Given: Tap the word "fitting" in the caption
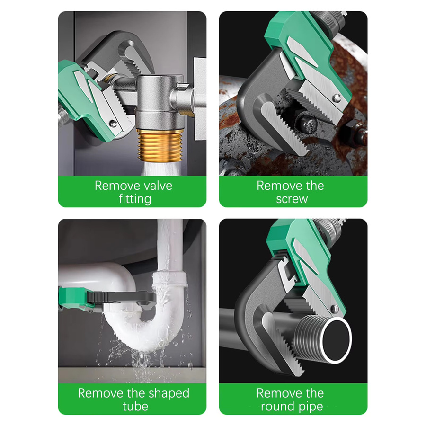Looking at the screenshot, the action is coord(135,199).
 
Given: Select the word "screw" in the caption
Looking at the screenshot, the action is coord(292,199).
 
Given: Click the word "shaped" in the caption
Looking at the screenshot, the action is coord(169,394).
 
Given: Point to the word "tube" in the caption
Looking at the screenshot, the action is coord(135,407).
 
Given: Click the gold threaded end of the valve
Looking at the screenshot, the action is coord(158,146).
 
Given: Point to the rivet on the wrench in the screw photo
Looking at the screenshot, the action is coord(337,98).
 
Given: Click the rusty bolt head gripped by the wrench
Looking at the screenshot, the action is coord(308,124).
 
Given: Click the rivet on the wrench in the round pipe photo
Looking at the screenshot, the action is coord(335,309).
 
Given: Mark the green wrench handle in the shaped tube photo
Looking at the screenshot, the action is coord(73,299).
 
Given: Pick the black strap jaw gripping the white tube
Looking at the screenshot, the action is coord(122,298).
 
